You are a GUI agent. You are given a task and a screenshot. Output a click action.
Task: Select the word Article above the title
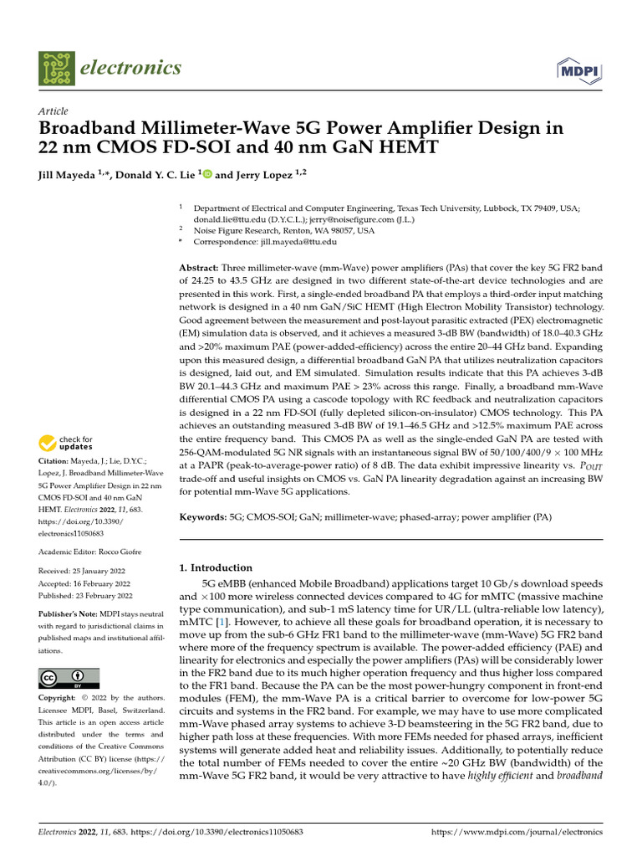(53, 111)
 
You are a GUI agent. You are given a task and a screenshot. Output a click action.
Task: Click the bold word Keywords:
(203, 518)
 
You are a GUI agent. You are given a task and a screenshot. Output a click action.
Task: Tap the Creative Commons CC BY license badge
(69, 677)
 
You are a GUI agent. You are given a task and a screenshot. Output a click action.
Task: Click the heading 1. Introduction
(217, 567)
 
